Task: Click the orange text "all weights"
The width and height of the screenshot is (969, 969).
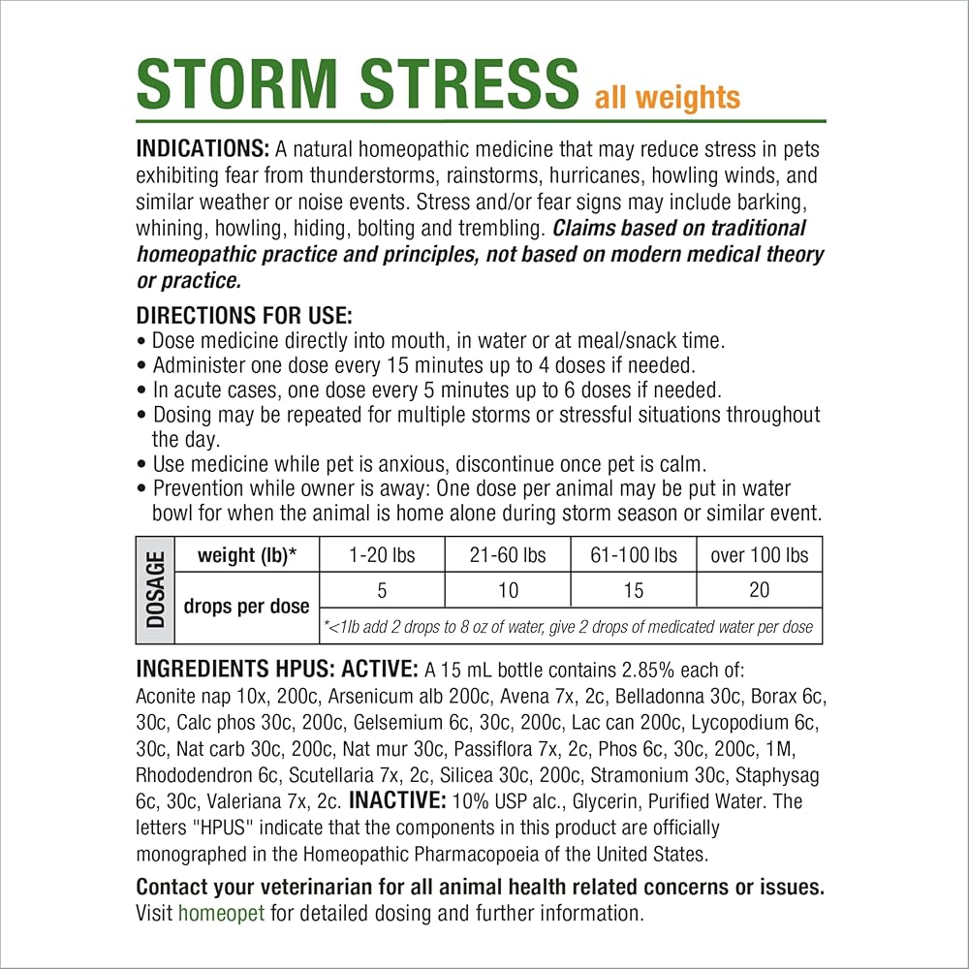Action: point(667,97)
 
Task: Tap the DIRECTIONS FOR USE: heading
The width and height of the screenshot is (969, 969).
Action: point(244,316)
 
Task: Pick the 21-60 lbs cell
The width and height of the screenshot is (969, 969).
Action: point(508,555)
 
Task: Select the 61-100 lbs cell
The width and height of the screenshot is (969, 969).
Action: point(634,555)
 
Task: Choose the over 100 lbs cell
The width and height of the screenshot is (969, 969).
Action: point(760,555)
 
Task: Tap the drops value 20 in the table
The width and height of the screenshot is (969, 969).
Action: point(760,589)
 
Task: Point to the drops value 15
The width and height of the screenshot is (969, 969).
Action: point(634,589)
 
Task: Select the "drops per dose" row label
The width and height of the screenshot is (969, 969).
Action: point(246,607)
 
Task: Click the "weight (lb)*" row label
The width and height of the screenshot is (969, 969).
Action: point(246,555)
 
